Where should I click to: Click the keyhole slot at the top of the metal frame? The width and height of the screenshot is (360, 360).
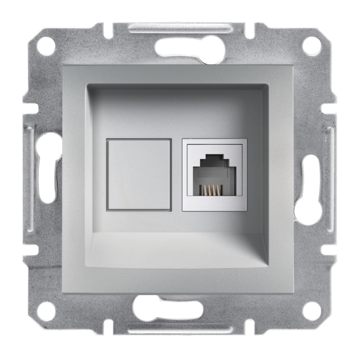tap(180, 45)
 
